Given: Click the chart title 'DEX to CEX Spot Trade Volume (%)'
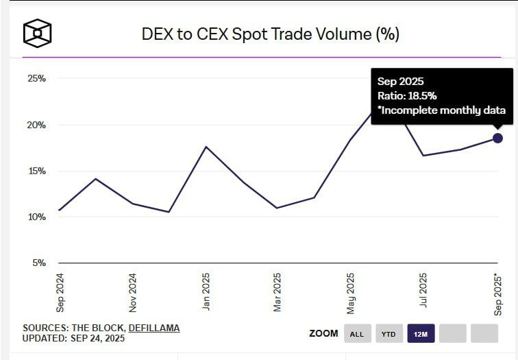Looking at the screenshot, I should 269,33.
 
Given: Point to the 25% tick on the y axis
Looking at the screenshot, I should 36,79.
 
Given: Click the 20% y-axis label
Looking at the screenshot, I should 36,125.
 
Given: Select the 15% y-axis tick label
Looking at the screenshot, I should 36,171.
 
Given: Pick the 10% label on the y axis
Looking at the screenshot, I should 36,217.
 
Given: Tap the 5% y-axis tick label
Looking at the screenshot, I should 38,263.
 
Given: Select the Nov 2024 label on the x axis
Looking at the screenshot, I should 133,292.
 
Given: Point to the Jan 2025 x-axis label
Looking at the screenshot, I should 206,292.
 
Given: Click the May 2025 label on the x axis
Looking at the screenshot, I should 351,292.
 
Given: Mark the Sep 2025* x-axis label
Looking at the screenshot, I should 498,293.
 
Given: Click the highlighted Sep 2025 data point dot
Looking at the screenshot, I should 497,138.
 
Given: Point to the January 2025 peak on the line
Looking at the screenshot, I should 206,147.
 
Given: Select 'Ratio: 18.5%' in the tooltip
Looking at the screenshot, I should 407,96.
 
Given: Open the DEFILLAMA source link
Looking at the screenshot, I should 154,328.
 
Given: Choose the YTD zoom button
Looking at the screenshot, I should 388,334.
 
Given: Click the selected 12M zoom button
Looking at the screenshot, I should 420,334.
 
